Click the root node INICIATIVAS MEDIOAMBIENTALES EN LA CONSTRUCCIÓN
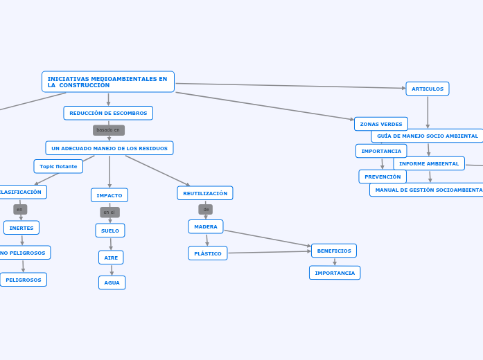click(x=107, y=82)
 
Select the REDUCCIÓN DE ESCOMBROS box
click(x=108, y=113)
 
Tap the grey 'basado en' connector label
click(x=108, y=130)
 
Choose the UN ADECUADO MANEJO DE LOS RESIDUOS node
click(x=109, y=148)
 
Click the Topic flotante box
click(x=58, y=166)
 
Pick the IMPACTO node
click(x=109, y=195)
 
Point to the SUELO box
click(x=110, y=231)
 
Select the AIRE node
click(x=111, y=258)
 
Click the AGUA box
click(x=112, y=282)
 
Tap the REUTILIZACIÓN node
click(x=205, y=193)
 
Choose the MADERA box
click(x=206, y=226)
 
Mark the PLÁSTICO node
click(x=208, y=253)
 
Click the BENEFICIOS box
click(x=334, y=251)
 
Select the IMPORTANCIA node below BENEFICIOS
click(x=335, y=273)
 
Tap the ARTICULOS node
click(x=428, y=89)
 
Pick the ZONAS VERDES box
click(x=381, y=124)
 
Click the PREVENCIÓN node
click(x=383, y=177)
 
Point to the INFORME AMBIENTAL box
click(x=429, y=163)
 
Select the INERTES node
click(x=21, y=228)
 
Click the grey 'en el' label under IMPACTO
click(x=109, y=213)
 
